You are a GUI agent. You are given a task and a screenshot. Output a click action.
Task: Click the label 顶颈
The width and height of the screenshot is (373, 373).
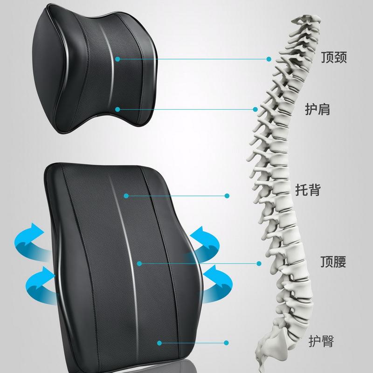point(334,57)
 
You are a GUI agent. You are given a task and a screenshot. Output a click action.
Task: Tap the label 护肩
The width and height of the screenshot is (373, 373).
point(318,109)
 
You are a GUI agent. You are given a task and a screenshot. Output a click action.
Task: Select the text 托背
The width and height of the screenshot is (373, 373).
point(308,190)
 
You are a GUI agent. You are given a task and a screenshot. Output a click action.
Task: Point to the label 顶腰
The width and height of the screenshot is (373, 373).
point(333,262)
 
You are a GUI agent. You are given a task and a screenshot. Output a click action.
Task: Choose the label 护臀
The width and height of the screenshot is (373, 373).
point(321,341)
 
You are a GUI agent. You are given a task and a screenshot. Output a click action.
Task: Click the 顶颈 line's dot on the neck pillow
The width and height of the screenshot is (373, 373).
point(117,59)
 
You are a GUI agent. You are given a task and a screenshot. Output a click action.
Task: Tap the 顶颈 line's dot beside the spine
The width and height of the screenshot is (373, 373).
point(269,59)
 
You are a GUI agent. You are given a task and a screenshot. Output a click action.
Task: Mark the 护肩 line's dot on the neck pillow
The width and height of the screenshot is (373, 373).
point(117,110)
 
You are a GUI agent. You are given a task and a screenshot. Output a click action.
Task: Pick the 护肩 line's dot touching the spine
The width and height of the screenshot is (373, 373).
point(255,110)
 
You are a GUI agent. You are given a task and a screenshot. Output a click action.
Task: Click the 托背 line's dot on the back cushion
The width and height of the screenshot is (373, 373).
point(126,196)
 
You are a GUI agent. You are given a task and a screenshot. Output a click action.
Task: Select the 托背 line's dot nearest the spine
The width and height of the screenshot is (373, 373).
point(227,196)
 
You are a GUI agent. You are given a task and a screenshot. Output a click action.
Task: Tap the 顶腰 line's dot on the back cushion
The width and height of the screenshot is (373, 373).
point(139,263)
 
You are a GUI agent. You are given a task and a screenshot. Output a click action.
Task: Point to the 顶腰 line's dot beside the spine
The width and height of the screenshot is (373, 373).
point(259,263)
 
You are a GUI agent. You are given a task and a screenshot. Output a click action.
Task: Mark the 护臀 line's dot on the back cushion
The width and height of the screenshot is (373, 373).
point(159,343)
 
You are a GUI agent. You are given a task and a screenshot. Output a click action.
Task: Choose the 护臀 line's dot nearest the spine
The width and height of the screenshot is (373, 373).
point(226,343)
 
